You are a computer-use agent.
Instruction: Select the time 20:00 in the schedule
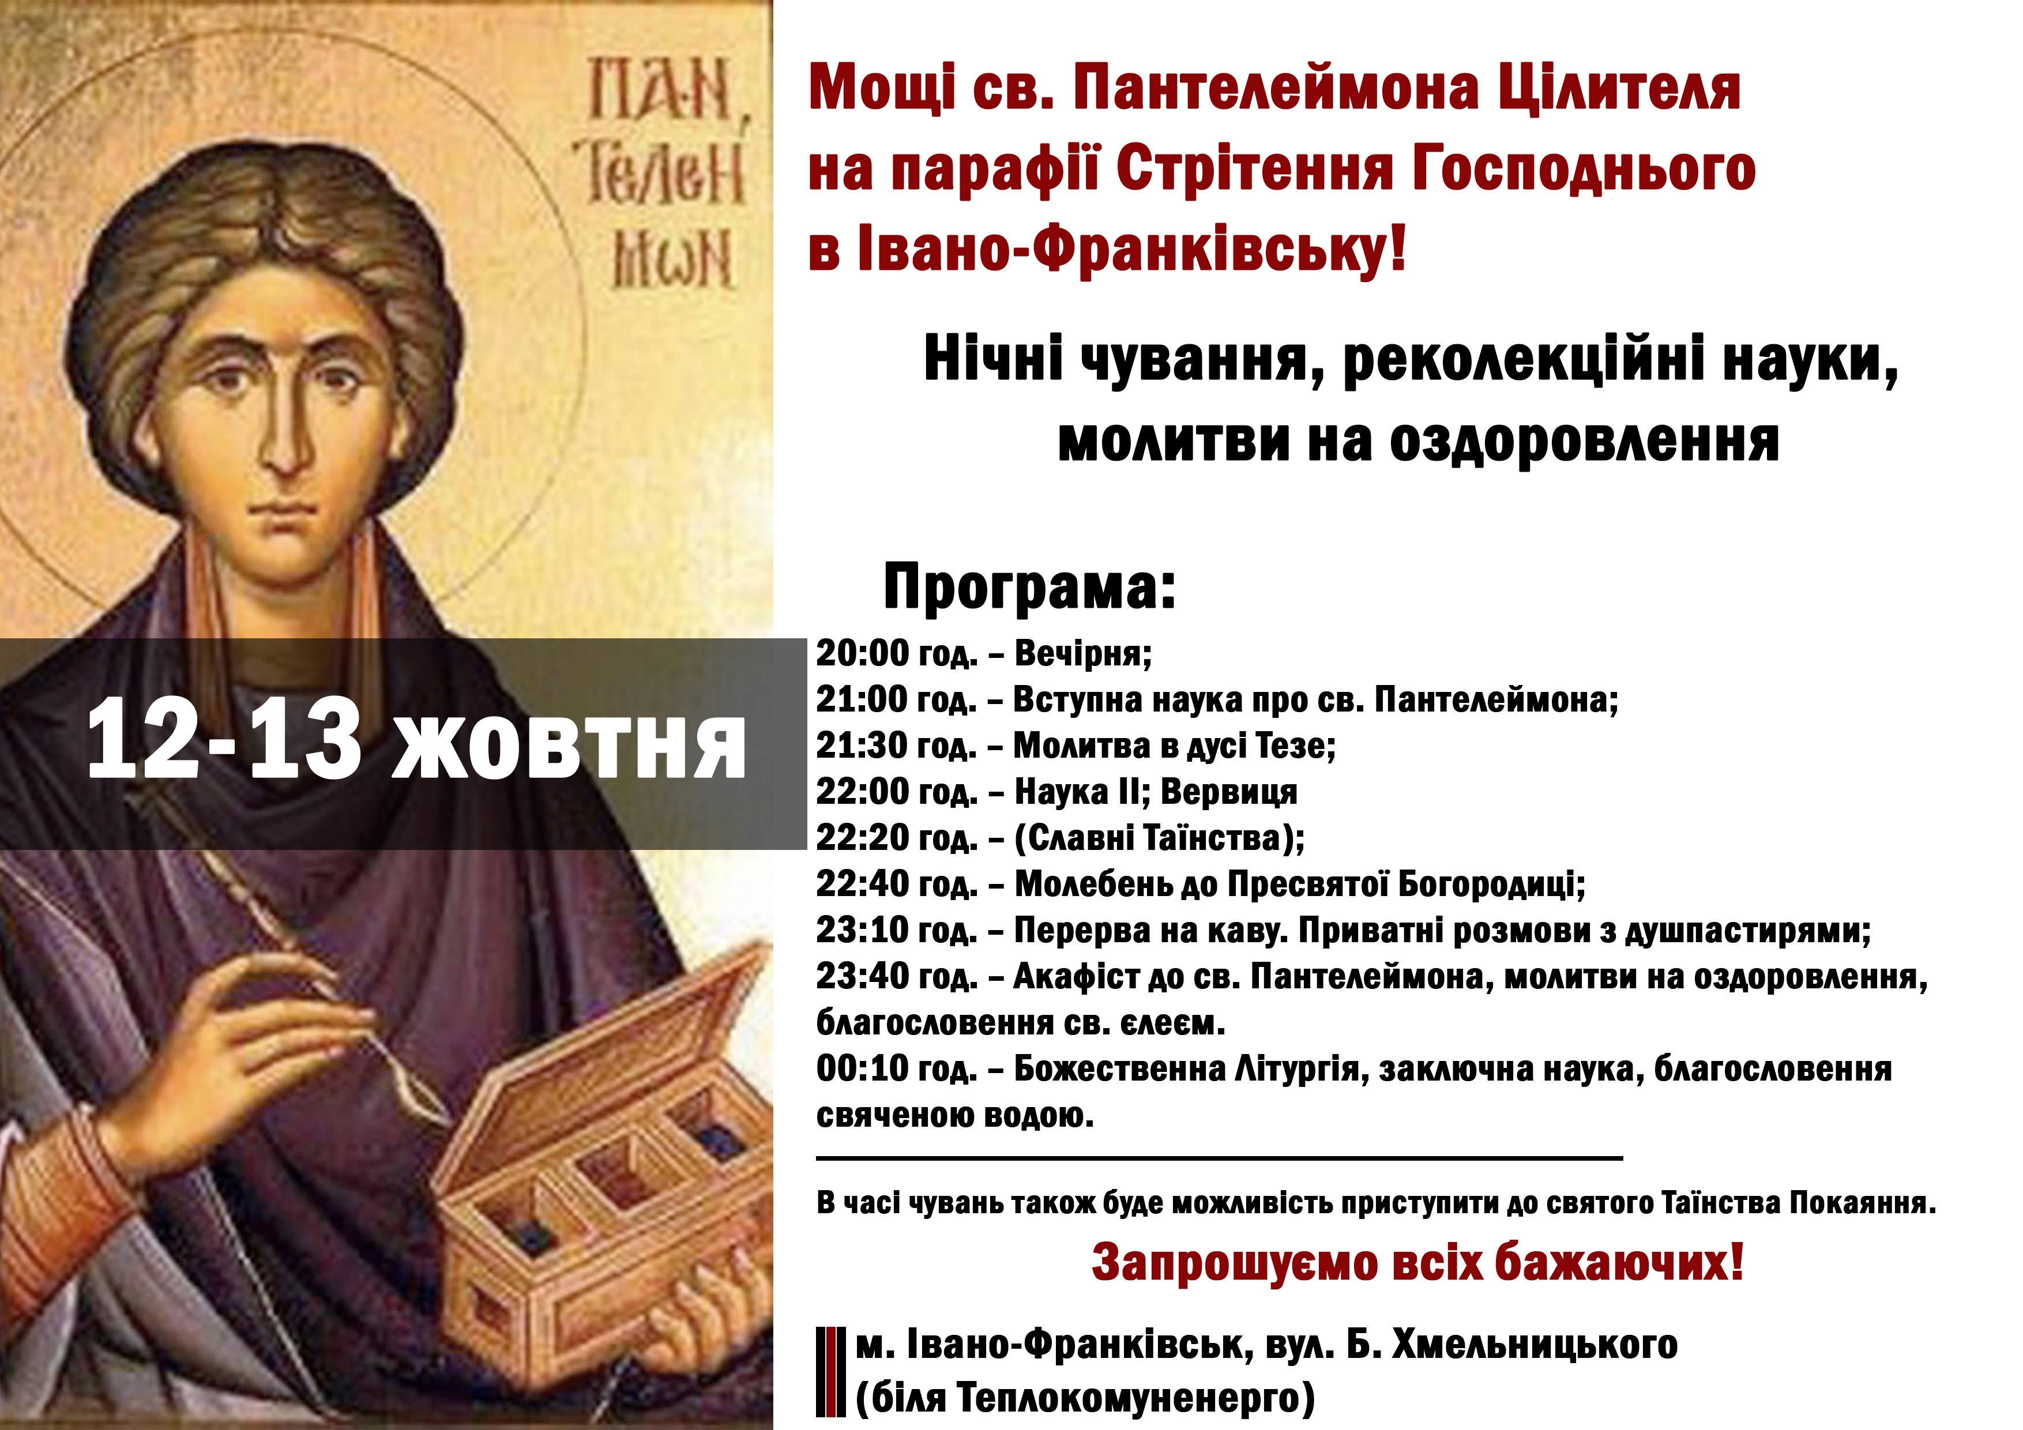coord(863,653)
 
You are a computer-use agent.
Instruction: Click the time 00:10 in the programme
coord(863,1069)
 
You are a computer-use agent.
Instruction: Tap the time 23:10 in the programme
coord(863,931)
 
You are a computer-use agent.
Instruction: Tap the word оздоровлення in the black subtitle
coord(1584,439)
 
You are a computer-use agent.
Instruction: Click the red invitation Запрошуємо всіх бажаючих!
coord(1417,1262)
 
